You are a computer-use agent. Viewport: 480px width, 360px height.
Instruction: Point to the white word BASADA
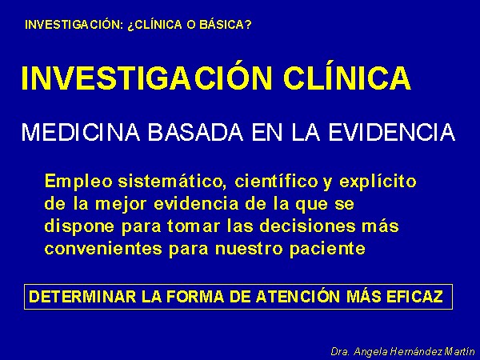click(195, 132)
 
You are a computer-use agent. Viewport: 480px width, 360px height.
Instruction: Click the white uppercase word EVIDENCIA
click(392, 132)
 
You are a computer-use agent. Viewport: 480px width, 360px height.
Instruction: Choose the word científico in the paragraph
click(276, 181)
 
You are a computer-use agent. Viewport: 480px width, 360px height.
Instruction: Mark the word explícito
click(378, 182)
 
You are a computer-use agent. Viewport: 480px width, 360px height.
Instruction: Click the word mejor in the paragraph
click(121, 204)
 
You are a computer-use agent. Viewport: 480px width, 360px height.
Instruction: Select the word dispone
click(79, 227)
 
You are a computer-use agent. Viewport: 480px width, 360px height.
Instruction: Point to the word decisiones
click(308, 226)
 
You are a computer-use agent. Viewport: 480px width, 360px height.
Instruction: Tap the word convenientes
click(103, 248)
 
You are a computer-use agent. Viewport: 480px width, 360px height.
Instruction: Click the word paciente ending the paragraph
click(327, 249)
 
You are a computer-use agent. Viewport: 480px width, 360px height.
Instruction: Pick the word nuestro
click(249, 249)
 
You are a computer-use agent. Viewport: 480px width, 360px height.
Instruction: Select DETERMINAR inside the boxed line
click(82, 296)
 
